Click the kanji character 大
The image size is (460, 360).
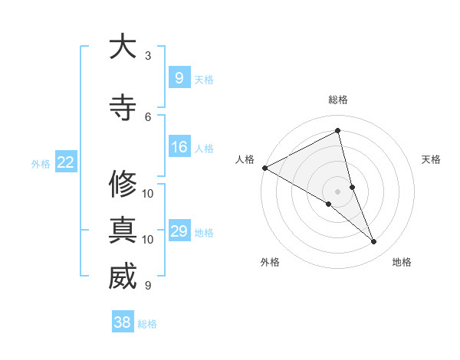pos(123,47)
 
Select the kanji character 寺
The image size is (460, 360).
pos(123,108)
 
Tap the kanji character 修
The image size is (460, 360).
pos(123,185)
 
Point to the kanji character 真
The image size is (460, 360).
pos(123,231)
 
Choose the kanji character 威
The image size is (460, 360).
pos(123,277)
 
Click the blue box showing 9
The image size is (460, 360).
pos(179,78)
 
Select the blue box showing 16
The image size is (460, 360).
pos(179,147)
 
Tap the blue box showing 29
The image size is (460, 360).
pos(179,231)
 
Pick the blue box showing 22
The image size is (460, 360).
pos(66,162)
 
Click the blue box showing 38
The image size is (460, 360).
pos(123,322)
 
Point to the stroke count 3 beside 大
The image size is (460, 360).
pos(148,56)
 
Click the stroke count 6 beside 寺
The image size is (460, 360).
pos(148,116)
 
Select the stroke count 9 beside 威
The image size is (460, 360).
pos(148,285)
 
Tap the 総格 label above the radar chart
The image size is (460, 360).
pos(338,100)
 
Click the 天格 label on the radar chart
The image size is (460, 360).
pos(432,159)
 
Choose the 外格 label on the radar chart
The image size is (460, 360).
pos(270,262)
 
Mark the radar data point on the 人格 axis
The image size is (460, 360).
pos(264,168)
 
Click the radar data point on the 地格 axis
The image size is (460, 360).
pos(374,242)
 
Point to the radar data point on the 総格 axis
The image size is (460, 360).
pos(338,131)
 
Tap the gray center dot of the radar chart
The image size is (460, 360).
pos(338,191)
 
